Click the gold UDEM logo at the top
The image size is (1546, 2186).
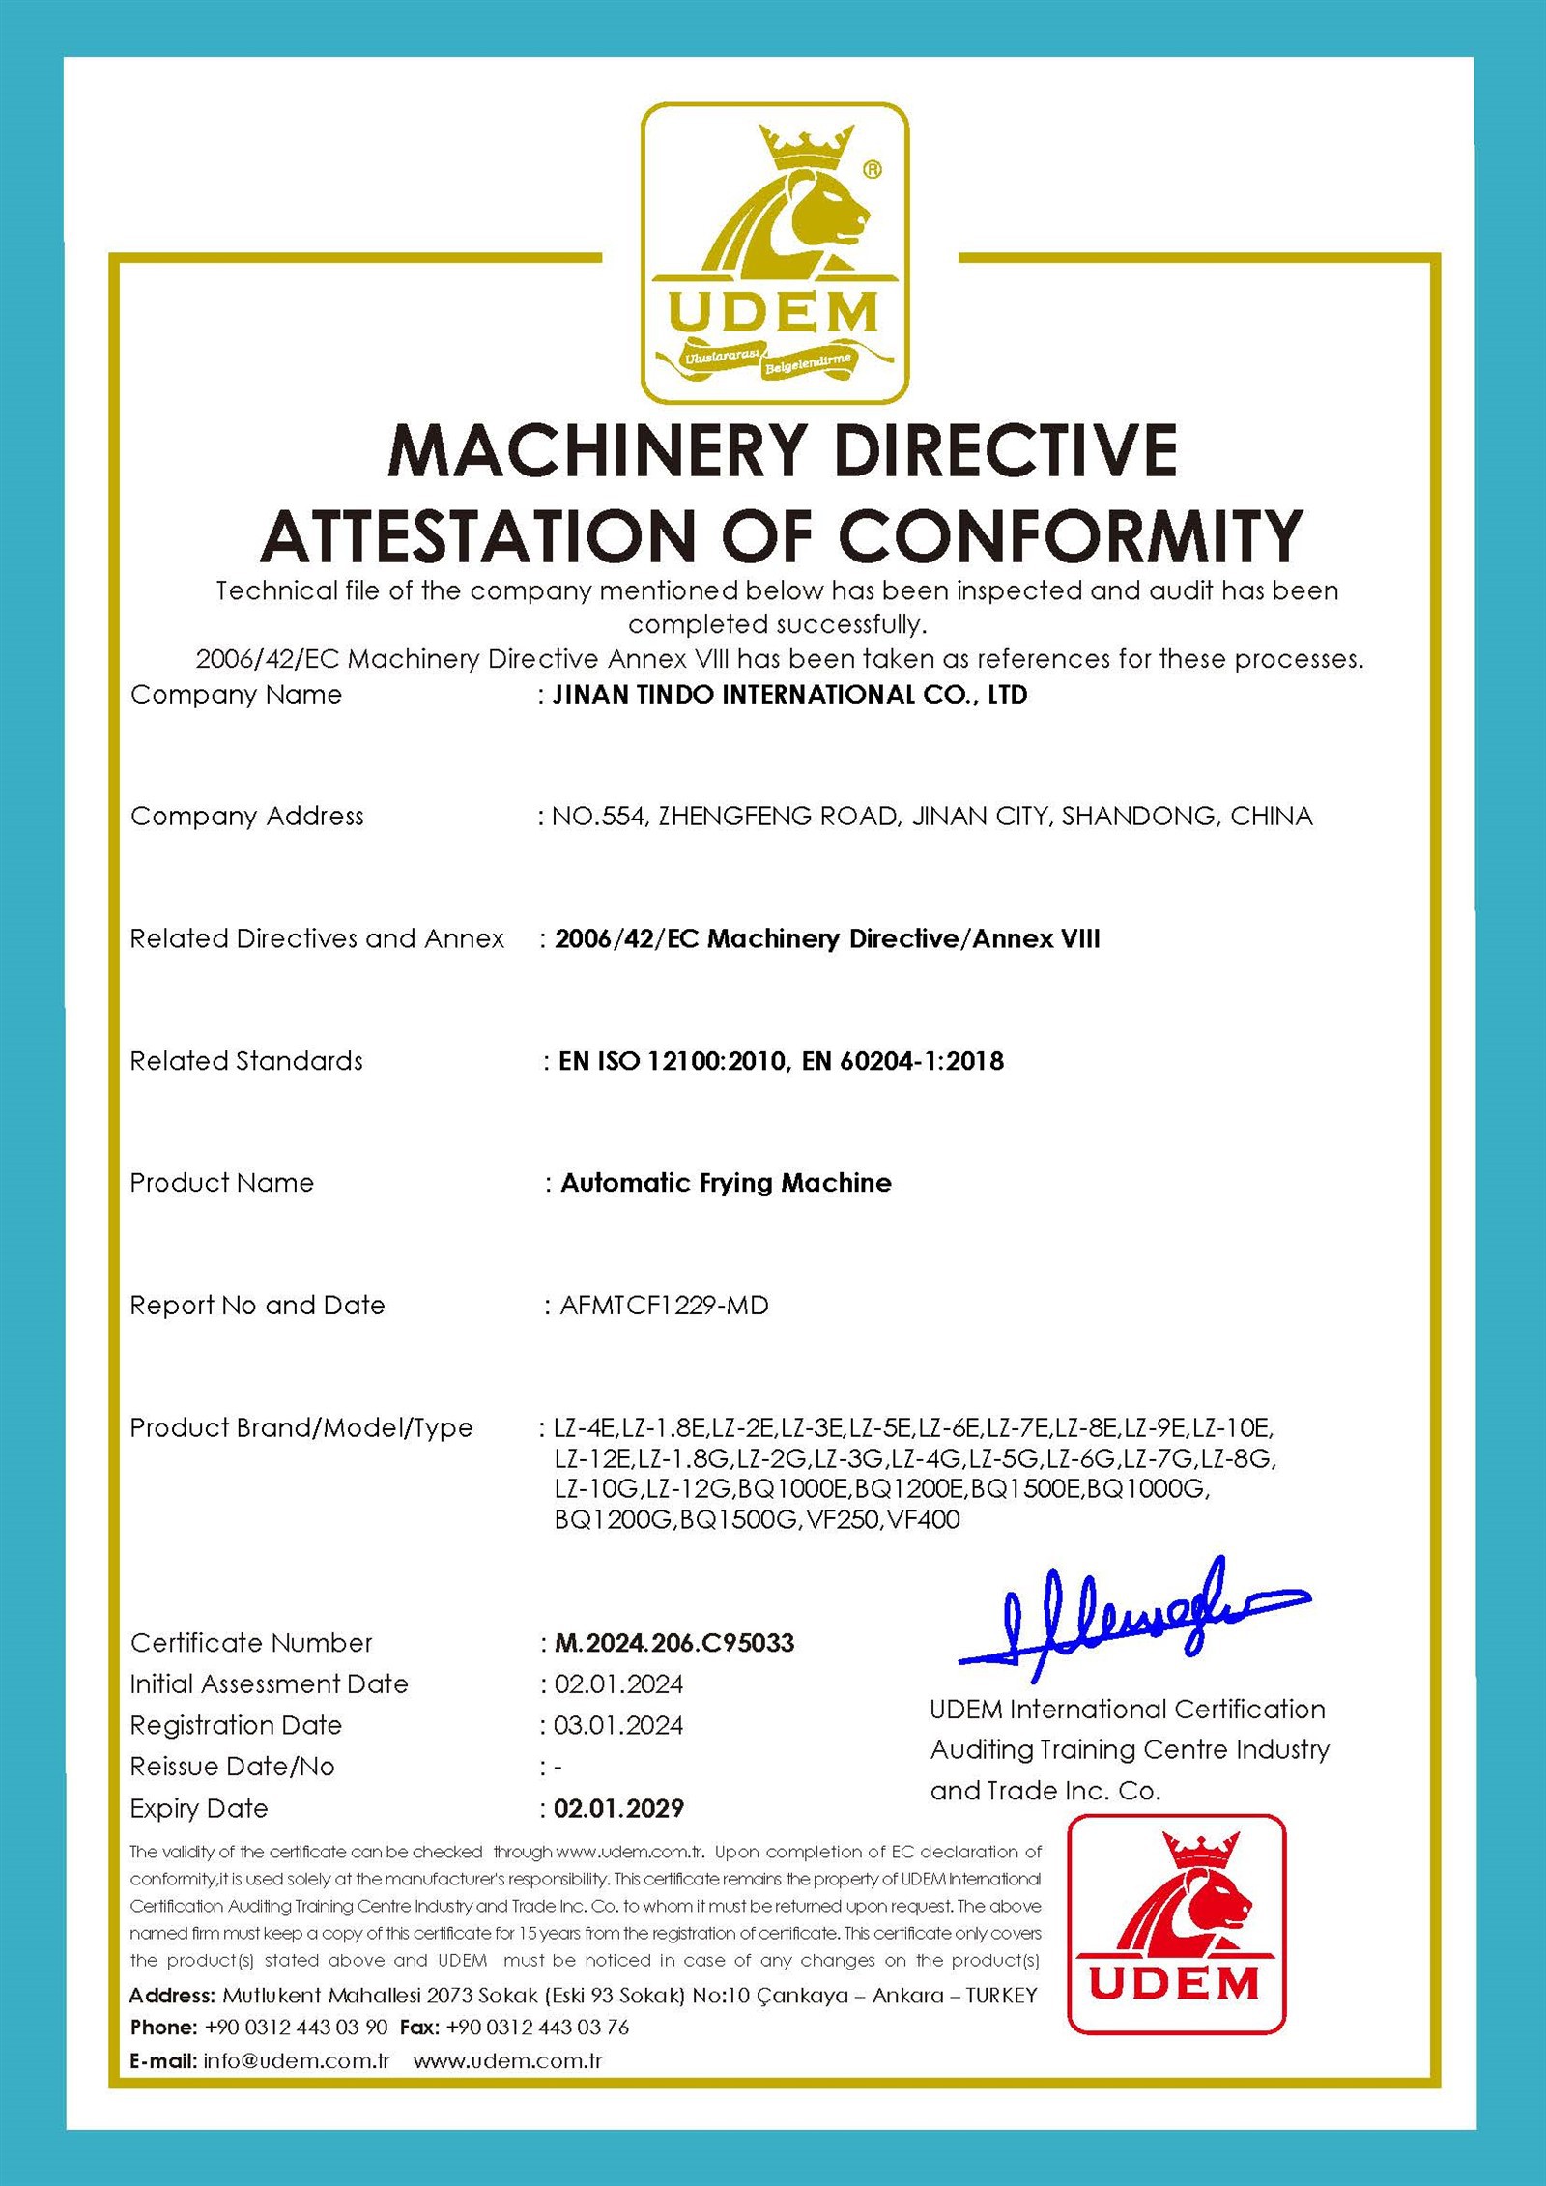pyautogui.click(x=775, y=253)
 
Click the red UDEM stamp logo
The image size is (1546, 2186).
pyautogui.click(x=1176, y=1924)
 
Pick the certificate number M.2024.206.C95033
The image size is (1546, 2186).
pyautogui.click(x=674, y=1643)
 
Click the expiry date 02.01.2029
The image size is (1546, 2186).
pyautogui.click(x=618, y=1808)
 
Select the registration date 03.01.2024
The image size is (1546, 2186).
pyautogui.click(x=618, y=1725)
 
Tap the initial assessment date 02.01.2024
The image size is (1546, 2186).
pyautogui.click(x=618, y=1683)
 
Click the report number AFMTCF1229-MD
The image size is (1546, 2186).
pyautogui.click(x=664, y=1306)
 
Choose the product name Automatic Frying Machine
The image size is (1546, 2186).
pyautogui.click(x=726, y=1183)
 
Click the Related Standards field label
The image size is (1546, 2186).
pyautogui.click(x=246, y=1061)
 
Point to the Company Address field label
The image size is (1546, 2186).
pyautogui.click(x=247, y=817)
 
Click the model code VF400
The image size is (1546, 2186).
pyautogui.click(x=924, y=1519)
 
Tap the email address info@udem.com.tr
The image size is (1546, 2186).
pyautogui.click(x=296, y=2060)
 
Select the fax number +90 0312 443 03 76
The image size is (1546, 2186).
pyautogui.click(x=537, y=2027)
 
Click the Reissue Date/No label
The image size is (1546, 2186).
pyautogui.click(x=232, y=1767)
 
